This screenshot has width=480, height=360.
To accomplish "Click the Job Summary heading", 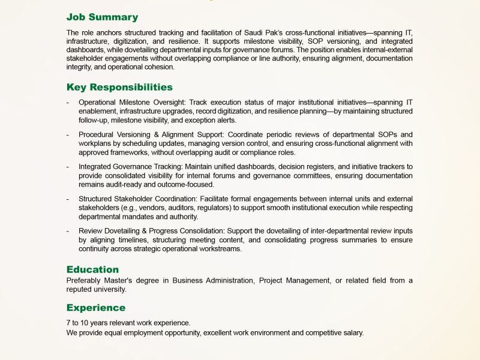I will (102, 17).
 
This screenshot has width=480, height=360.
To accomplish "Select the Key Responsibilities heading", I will (119, 87).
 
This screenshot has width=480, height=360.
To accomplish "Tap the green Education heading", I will (92, 269).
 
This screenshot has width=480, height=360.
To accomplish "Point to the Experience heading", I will (96, 308).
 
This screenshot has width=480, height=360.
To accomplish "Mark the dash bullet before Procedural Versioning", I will (68, 134).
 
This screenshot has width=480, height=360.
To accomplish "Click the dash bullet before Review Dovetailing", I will (68, 231).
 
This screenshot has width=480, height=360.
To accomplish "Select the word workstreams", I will (220, 249).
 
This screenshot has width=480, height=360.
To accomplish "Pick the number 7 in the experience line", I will (68, 323).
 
